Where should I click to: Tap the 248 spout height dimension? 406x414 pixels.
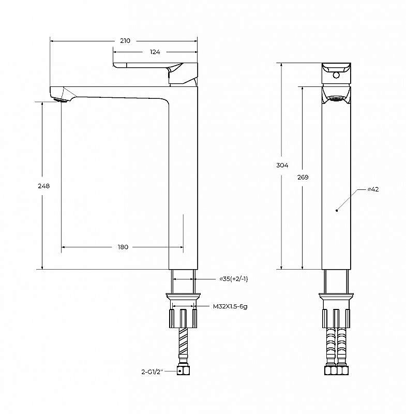pos(44,186)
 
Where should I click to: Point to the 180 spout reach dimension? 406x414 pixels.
pos(123,247)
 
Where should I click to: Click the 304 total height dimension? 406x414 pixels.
pos(282,165)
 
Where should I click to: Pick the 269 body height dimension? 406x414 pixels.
pos(303,178)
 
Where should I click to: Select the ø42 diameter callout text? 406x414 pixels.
pos(373,189)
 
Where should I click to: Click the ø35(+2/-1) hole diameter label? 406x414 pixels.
pos(234,279)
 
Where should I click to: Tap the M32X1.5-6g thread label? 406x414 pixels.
pos(230,307)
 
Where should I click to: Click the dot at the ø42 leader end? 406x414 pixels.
pos(337,210)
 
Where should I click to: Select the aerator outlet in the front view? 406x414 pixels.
pos(336,98)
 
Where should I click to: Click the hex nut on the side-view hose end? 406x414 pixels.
pos(182,371)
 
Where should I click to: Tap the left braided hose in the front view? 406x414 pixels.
pos(330,347)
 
